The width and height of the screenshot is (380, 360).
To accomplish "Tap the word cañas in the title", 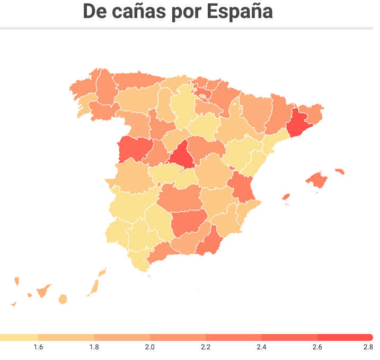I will click(139, 11).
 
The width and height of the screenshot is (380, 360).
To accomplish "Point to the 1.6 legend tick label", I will click(38, 347).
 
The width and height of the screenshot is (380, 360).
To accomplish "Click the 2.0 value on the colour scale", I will click(150, 347).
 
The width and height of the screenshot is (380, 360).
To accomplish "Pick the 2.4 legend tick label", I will click(261, 347).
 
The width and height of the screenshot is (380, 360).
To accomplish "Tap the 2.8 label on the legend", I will click(368, 347).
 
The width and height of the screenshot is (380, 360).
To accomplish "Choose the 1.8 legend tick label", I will click(94, 347).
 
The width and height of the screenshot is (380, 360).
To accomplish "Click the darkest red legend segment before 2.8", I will click(344, 337).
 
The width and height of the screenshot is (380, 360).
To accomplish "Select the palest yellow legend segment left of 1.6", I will click(19, 337).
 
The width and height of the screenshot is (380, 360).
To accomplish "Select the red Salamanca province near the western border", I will click(133, 149).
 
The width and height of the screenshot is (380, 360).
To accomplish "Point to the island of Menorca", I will click(340, 171).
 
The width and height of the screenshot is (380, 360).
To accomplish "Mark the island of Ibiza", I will click(286, 197).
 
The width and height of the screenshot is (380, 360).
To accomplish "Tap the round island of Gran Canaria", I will click(63, 300).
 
